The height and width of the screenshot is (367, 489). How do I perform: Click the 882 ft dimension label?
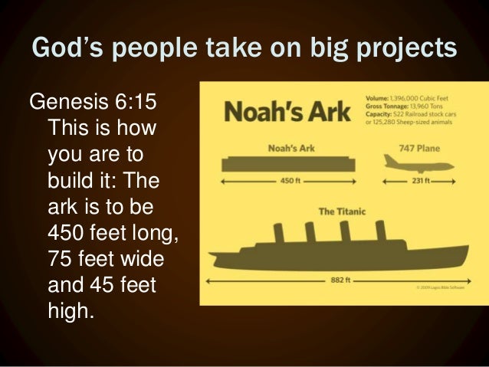pyautogui.click(x=340, y=281)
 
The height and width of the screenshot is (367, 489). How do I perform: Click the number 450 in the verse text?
pyautogui.click(x=66, y=229)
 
